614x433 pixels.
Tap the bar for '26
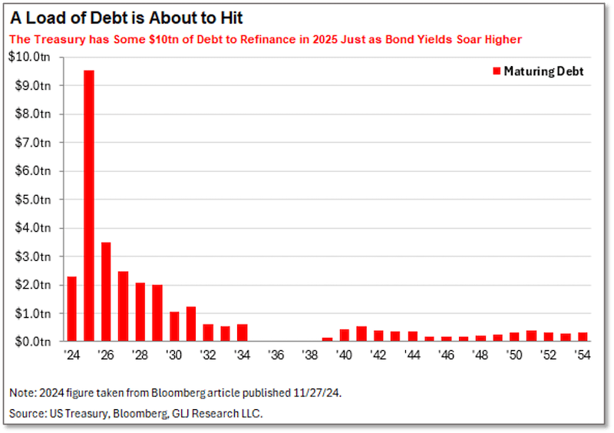click(x=106, y=292)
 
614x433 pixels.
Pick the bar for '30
click(x=174, y=326)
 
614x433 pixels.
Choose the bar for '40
click(x=345, y=335)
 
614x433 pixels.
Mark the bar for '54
click(x=583, y=336)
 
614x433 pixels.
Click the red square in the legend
click(x=496, y=71)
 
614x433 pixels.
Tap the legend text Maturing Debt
click(x=544, y=71)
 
